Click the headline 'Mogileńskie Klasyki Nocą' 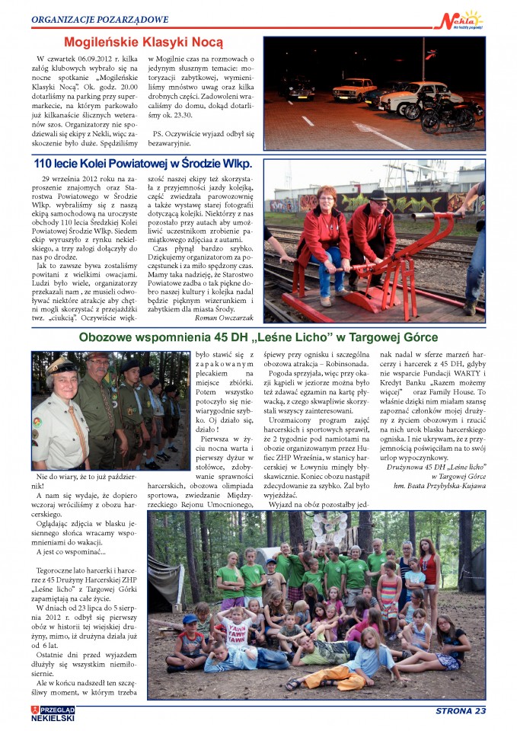click(x=143, y=43)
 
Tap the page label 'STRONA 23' click(x=460, y=711)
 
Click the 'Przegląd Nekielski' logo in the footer click(x=53, y=713)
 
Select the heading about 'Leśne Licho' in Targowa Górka click(x=258, y=337)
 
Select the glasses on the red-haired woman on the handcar click(x=327, y=197)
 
